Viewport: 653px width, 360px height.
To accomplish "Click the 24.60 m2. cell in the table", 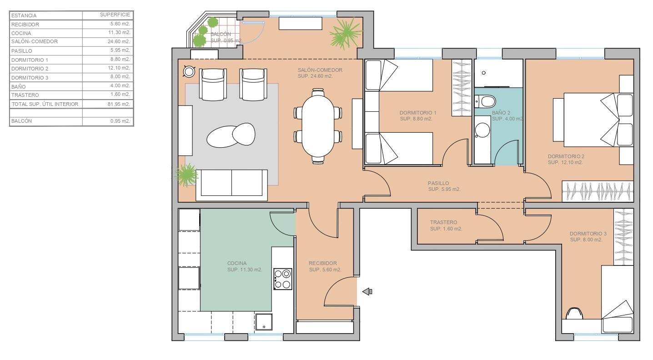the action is pyautogui.click(x=119, y=41).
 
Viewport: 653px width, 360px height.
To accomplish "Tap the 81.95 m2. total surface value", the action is pyautogui.click(x=119, y=104).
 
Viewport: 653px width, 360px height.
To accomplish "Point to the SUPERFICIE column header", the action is pyautogui.click(x=115, y=15).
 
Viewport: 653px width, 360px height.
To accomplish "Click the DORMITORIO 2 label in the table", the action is pyautogui.click(x=30, y=69).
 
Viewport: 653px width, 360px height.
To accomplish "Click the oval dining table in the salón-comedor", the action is pyautogui.click(x=318, y=126).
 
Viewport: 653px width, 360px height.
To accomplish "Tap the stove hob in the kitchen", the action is pyautogui.click(x=282, y=279).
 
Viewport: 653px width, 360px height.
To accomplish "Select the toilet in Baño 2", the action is pyautogui.click(x=486, y=102).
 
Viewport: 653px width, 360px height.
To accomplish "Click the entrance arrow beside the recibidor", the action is pyautogui.click(x=367, y=291).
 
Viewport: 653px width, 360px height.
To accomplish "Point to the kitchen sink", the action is pyautogui.click(x=264, y=322).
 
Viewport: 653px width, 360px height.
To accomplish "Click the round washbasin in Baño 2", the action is pyautogui.click(x=482, y=130).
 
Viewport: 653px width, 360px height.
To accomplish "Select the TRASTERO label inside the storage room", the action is pyautogui.click(x=443, y=222).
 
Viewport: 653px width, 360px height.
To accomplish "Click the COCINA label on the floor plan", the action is pyautogui.click(x=237, y=263).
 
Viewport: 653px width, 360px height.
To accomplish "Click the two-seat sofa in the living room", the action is pyautogui.click(x=232, y=185).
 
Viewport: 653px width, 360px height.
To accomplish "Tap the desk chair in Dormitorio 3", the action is pyautogui.click(x=574, y=314).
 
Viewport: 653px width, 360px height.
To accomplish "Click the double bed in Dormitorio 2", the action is pyautogui.click(x=593, y=120).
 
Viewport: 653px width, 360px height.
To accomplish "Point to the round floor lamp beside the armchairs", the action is pyautogui.click(x=189, y=71).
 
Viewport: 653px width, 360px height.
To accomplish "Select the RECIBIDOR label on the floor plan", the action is pyautogui.click(x=323, y=263).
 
